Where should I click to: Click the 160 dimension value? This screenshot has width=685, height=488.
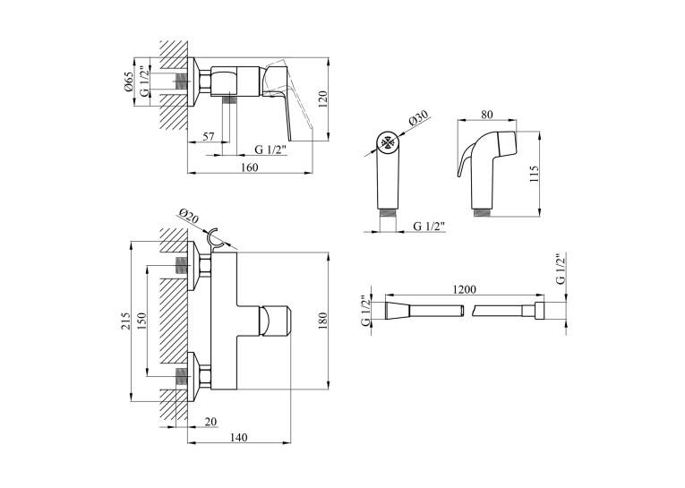tap(250, 167)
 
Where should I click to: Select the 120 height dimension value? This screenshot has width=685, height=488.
tap(323, 99)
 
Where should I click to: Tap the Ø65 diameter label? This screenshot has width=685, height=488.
tap(128, 81)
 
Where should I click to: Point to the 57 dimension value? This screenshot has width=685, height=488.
tap(209, 136)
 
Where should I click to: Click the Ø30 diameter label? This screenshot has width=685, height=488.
tap(418, 119)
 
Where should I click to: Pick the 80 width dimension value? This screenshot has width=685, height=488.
tap(487, 115)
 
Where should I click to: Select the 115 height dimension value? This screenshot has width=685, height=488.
tap(535, 174)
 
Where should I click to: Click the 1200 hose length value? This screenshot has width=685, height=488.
tap(465, 289)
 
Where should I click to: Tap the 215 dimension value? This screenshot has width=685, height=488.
tap(126, 321)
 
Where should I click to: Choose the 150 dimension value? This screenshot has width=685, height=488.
tap(142, 321)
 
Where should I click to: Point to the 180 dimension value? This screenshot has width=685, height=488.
tap(323, 321)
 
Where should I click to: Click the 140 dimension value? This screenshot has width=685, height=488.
tap(238, 437)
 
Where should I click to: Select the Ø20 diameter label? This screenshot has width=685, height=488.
tap(188, 217)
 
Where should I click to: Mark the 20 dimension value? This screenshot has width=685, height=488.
tap(210, 422)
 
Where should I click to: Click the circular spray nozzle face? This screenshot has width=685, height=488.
tap(388, 142)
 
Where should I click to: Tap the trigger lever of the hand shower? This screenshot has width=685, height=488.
tap(463, 160)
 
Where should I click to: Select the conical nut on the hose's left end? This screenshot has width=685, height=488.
tap(397, 312)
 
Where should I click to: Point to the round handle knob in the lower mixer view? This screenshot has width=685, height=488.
tap(275, 321)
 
